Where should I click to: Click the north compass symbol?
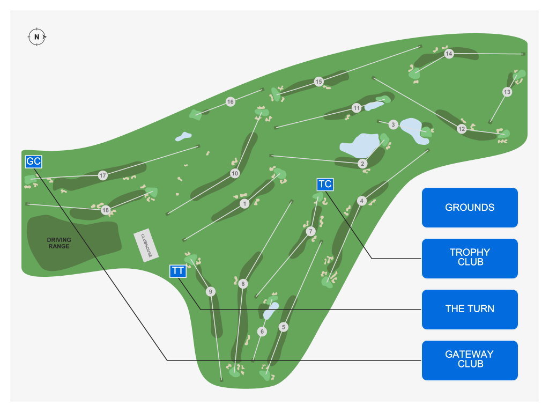tap(36, 36)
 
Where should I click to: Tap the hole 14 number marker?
tap(449, 54)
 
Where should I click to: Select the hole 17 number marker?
tap(102, 175)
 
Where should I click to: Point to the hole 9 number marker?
tap(211, 292)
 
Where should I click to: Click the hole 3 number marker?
tap(393, 124)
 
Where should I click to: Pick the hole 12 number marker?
tap(462, 129)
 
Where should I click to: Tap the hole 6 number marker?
tap(262, 332)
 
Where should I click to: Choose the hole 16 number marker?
tap(231, 102)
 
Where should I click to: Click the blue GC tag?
tap(33, 161)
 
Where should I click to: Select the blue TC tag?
tap(325, 185)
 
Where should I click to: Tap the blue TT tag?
tap(178, 271)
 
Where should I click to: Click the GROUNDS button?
tap(470, 208)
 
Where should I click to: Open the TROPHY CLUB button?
tap(470, 257)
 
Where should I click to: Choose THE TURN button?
tap(470, 308)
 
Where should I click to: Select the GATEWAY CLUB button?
tap(470, 359)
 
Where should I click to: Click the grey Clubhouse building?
tap(143, 245)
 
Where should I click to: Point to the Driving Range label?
tap(58, 243)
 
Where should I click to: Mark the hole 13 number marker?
tap(507, 92)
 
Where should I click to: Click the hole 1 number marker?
tap(244, 204)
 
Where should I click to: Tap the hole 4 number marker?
tap(361, 201)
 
